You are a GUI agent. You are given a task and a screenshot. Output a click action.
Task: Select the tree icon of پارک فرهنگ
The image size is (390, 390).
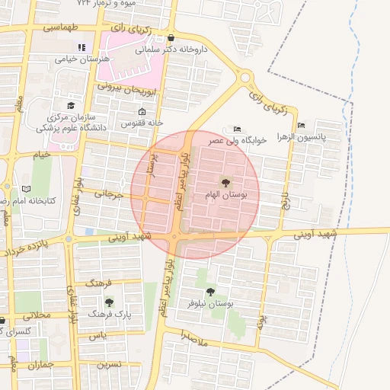[x=109, y=302]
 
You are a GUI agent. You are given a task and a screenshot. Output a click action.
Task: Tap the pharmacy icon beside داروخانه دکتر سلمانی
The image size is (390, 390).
[x=170, y=38]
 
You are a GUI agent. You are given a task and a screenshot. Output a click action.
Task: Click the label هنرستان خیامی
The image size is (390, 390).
[x=85, y=59]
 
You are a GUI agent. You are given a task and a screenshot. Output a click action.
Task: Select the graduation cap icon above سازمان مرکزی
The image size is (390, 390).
[x=71, y=106]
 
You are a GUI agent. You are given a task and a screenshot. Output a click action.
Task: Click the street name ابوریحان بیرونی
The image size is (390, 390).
[x=128, y=89]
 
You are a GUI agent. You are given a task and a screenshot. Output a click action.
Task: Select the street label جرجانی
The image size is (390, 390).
[x=107, y=194]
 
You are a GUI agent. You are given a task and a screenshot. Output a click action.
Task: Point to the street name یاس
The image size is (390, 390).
[x=95, y=336]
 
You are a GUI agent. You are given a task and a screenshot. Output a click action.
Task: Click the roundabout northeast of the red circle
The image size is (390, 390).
[x=245, y=78]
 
